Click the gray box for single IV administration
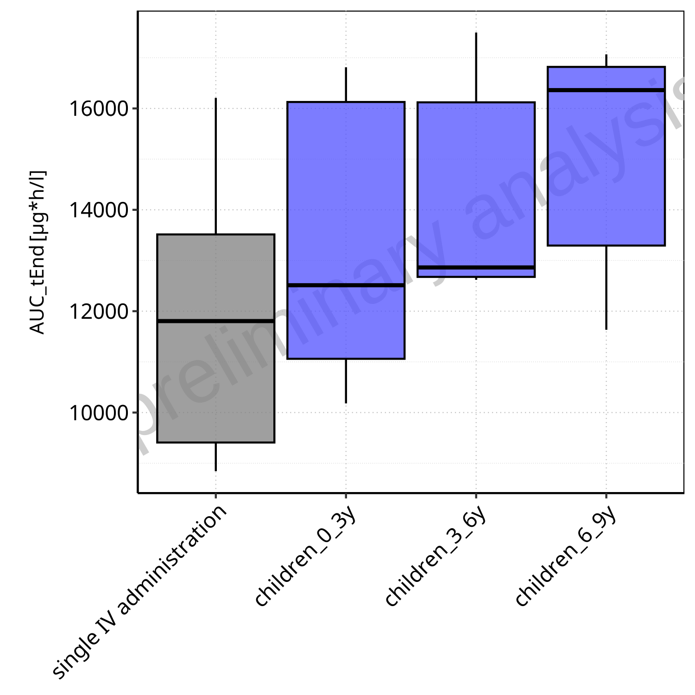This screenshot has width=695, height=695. tap(216, 380)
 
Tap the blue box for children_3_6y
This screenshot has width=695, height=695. tap(476, 185)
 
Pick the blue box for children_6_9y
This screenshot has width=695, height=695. tap(606, 167)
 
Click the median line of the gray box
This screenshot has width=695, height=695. tap(216, 321)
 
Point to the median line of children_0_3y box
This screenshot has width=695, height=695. tap(346, 285)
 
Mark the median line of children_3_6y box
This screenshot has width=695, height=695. tap(476, 267)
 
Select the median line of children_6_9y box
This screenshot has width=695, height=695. tap(606, 90)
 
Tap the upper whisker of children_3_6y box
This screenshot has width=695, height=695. tap(476, 67)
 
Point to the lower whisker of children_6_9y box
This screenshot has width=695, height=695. tap(606, 287)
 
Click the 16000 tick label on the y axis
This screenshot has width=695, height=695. tap(92, 109)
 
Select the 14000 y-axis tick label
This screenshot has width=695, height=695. tap(92, 210)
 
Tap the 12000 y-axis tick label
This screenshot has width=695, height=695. tap(92, 311)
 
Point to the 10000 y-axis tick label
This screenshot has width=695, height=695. tap(92, 413)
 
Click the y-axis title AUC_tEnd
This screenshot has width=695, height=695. tap(37, 253)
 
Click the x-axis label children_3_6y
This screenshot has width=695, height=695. tap(436, 556)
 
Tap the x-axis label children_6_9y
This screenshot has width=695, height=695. tap(566, 556)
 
